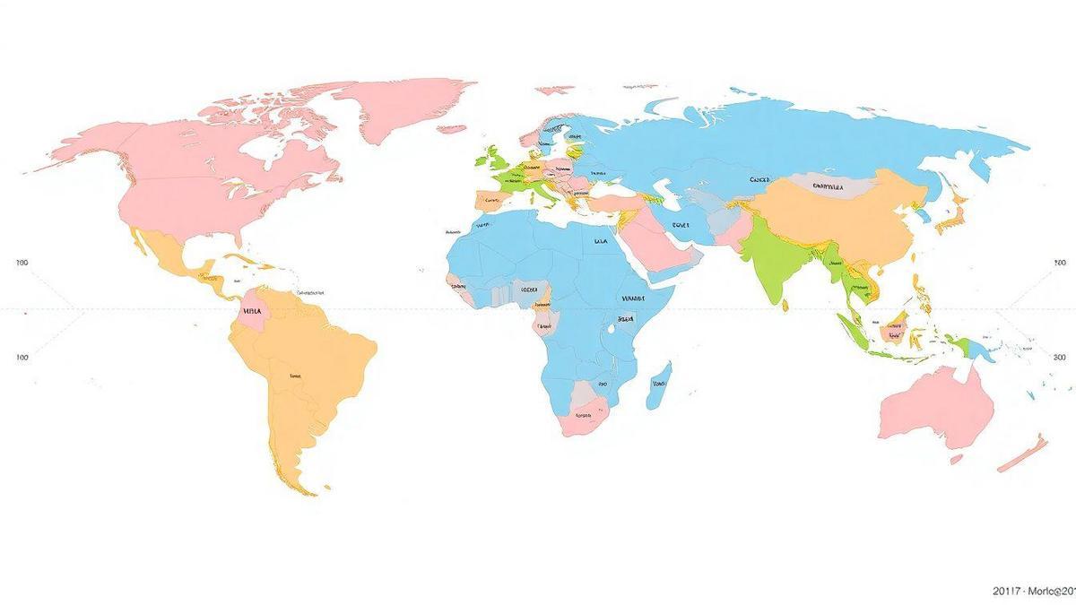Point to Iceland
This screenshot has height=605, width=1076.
(x=452, y=128)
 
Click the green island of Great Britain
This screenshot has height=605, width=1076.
(x=491, y=159)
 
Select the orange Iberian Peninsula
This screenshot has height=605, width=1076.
(x=490, y=199)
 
